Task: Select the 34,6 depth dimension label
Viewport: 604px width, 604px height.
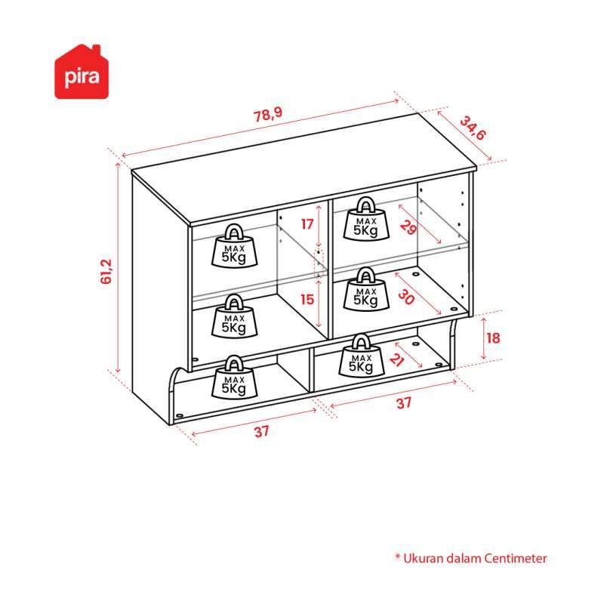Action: coord(474,128)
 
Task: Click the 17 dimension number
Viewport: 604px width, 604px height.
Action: coord(306,223)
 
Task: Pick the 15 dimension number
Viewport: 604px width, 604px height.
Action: coord(306,300)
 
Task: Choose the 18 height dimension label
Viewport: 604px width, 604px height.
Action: coord(493,337)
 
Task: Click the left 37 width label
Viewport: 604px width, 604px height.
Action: coord(261,432)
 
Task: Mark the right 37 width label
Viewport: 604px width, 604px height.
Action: coord(404,403)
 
